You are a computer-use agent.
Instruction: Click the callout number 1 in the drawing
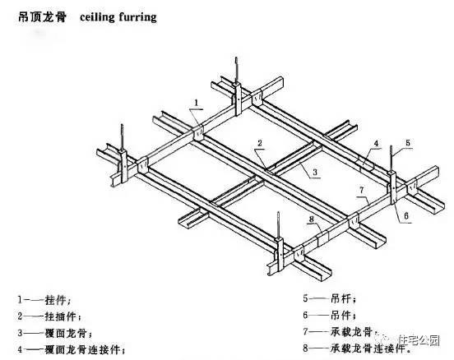pyautogui.click(x=197, y=103)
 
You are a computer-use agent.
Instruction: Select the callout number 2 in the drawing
pyautogui.click(x=259, y=143)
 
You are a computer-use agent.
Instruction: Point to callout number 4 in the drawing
pyautogui.click(x=376, y=144)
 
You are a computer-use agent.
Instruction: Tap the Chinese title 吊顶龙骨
pyautogui.click(x=42, y=16)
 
